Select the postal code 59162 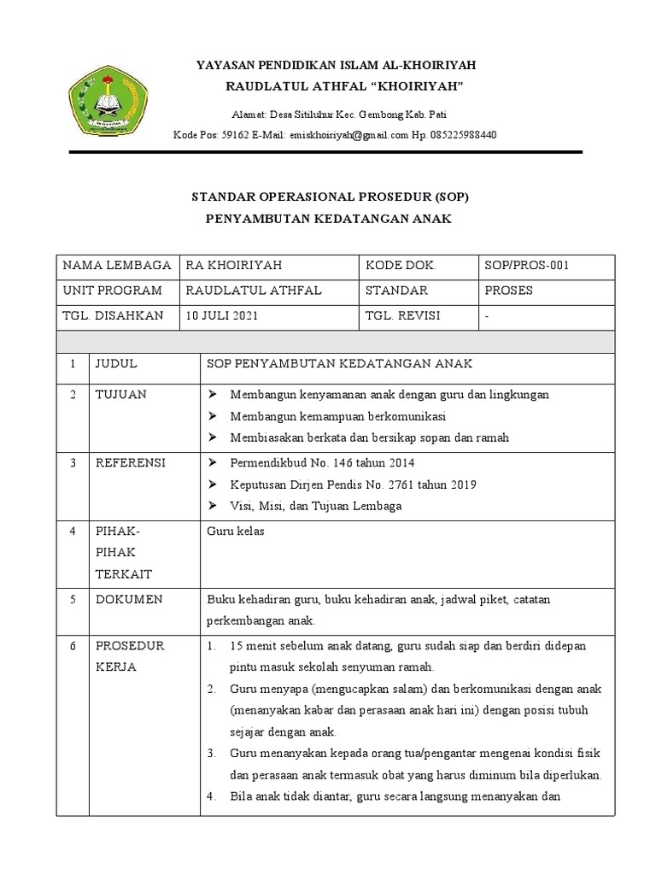click(234, 135)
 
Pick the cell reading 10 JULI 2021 click(220, 315)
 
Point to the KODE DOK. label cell click(400, 266)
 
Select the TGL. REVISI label click(402, 315)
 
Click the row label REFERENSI click(130, 463)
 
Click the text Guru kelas click(236, 531)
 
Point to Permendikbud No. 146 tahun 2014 click(322, 463)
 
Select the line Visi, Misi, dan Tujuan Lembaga click(316, 506)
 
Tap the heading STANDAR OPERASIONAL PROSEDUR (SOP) click(329, 197)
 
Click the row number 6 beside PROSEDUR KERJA click(74, 644)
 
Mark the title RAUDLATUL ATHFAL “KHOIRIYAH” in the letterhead click(343, 86)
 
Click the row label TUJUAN click(120, 395)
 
